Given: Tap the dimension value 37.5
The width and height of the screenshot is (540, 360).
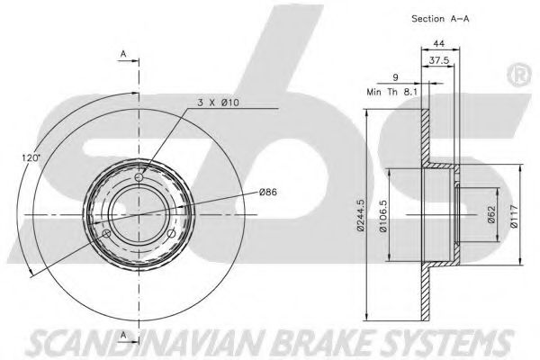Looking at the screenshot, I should click(x=437, y=61).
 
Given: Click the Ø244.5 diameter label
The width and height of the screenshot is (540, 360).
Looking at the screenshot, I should click(x=361, y=216).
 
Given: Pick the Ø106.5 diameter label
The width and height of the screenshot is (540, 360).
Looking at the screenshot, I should click(x=383, y=216).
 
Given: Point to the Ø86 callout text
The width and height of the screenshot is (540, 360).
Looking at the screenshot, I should click(x=267, y=192).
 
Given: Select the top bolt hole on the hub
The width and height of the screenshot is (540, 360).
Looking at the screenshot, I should click(x=139, y=176).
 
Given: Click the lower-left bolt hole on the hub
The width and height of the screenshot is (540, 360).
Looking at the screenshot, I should click(x=106, y=235).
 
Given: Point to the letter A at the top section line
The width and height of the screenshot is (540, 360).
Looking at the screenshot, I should click(x=123, y=54).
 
